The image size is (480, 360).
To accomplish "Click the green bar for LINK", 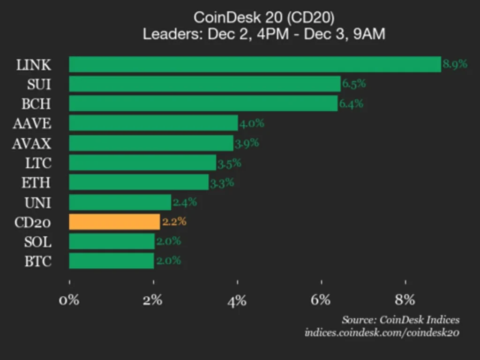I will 255,64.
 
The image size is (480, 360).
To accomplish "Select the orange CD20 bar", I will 114,222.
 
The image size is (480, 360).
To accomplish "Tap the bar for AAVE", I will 153,123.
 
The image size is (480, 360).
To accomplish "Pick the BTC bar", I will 112,261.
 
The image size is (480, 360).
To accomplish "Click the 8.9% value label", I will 455,64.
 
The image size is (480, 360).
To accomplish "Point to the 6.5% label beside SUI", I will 354,84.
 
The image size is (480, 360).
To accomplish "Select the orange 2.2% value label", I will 174,222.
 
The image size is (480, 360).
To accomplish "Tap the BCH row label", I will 37,104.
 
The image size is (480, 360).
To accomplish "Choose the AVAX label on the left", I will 32,143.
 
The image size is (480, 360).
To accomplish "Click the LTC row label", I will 38,163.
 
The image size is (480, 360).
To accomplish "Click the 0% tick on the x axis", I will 69,300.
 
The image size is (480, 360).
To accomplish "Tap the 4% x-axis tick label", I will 237,300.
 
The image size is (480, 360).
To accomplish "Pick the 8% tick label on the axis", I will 405,300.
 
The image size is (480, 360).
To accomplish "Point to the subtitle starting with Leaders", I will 264,34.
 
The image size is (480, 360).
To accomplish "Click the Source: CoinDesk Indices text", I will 400,320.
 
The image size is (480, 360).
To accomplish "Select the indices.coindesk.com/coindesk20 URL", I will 382,333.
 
